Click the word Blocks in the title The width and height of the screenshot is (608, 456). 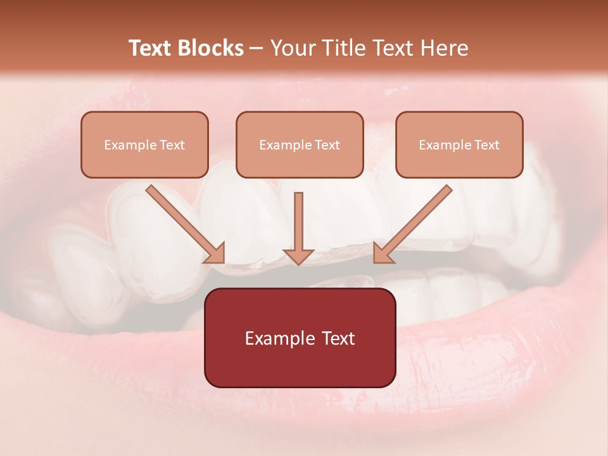pyautogui.click(x=211, y=48)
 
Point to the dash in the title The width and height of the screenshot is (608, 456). pyautogui.click(x=256, y=49)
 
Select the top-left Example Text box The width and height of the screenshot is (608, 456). pyautogui.click(x=144, y=144)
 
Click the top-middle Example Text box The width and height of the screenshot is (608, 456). pyautogui.click(x=300, y=144)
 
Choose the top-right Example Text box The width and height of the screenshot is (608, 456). pyautogui.click(x=459, y=144)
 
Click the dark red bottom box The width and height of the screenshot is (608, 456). pyautogui.click(x=300, y=338)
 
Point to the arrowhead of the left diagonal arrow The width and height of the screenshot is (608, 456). pyautogui.click(x=215, y=253)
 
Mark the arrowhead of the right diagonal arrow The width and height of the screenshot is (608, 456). pyautogui.click(x=383, y=253)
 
